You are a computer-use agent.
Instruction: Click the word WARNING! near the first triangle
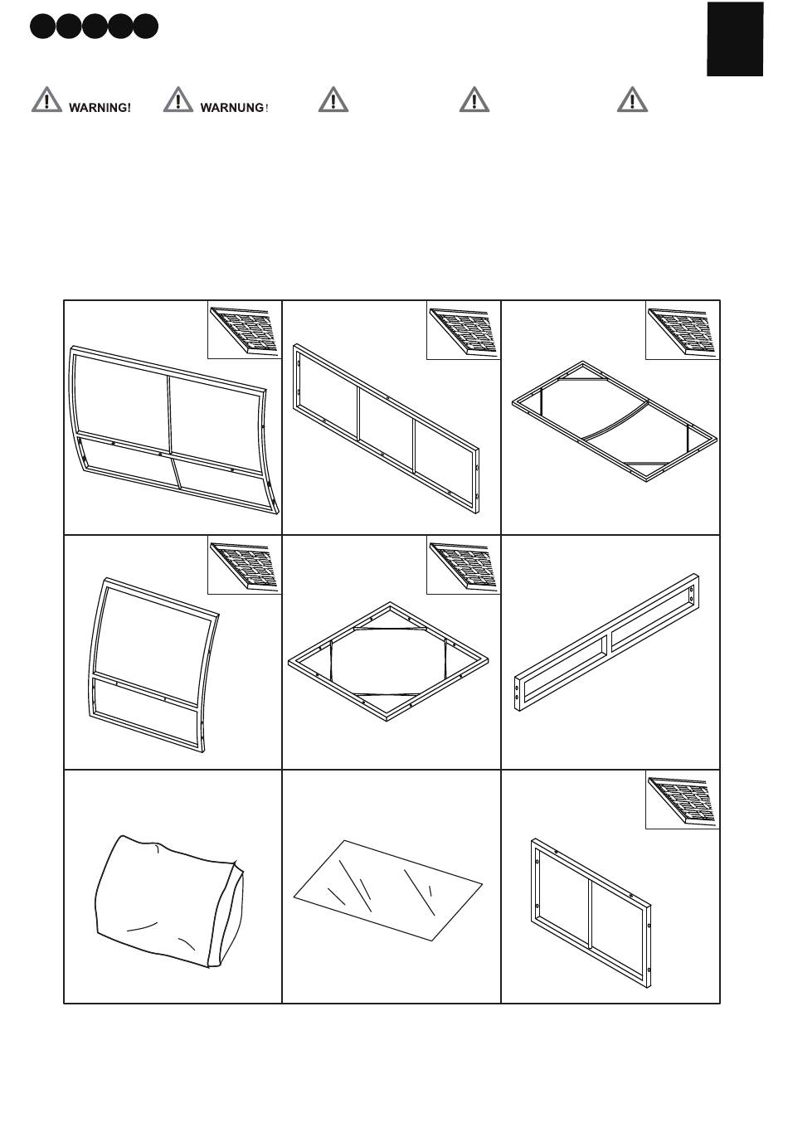[100, 108]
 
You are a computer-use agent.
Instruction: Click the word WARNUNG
[232, 108]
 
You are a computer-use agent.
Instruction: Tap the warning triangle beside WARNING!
[46, 100]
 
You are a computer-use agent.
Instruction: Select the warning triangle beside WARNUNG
[178, 100]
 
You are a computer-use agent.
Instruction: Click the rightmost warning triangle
[632, 100]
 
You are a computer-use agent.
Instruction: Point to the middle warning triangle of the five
[333, 100]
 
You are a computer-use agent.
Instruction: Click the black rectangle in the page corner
[735, 39]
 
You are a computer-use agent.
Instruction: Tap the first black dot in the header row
[42, 27]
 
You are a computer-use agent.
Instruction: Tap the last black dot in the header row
[145, 27]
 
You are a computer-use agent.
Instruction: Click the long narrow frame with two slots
[606, 643]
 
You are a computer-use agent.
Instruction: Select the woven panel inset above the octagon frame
[463, 566]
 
